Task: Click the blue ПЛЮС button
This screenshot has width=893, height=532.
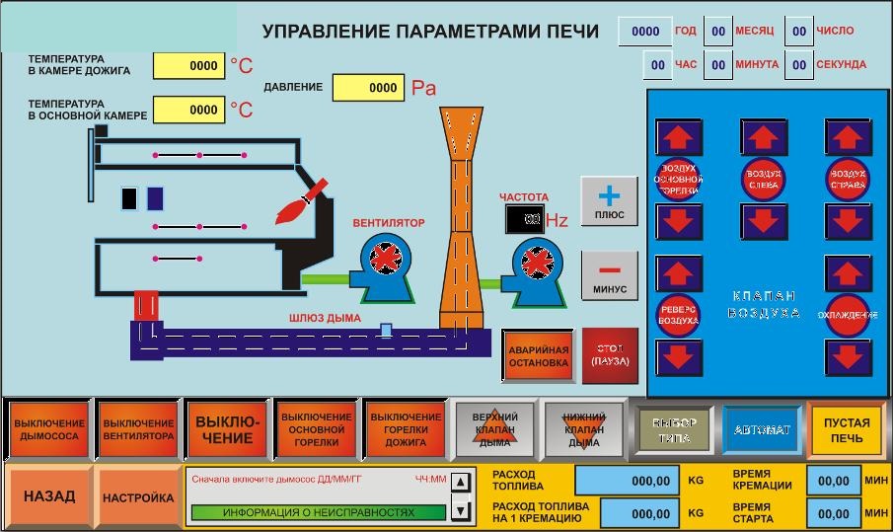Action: click(609, 201)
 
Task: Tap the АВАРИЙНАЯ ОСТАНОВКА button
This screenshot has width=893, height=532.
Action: click(538, 356)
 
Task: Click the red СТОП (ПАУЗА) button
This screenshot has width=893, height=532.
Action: click(610, 355)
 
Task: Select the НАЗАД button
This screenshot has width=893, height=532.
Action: click(49, 497)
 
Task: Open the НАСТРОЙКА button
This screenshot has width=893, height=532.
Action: click(138, 497)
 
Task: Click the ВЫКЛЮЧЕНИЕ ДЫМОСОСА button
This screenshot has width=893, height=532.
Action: click(49, 429)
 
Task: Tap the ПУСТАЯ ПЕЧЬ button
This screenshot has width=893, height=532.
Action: click(846, 429)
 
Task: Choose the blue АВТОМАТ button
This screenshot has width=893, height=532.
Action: click(762, 429)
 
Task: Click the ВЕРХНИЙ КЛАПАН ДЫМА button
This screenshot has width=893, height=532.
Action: click(494, 429)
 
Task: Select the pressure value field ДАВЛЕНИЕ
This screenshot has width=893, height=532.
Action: click(368, 88)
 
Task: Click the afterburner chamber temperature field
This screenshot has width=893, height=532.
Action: click(189, 66)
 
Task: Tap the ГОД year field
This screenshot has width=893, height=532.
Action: click(645, 31)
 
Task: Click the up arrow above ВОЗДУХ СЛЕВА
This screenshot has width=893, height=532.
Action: click(764, 138)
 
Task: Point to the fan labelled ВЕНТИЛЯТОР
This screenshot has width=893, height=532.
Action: click(381, 262)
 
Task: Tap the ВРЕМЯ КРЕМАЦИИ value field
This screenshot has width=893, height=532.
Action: click(834, 481)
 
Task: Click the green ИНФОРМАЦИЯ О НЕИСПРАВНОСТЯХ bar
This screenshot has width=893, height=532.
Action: click(318, 512)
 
